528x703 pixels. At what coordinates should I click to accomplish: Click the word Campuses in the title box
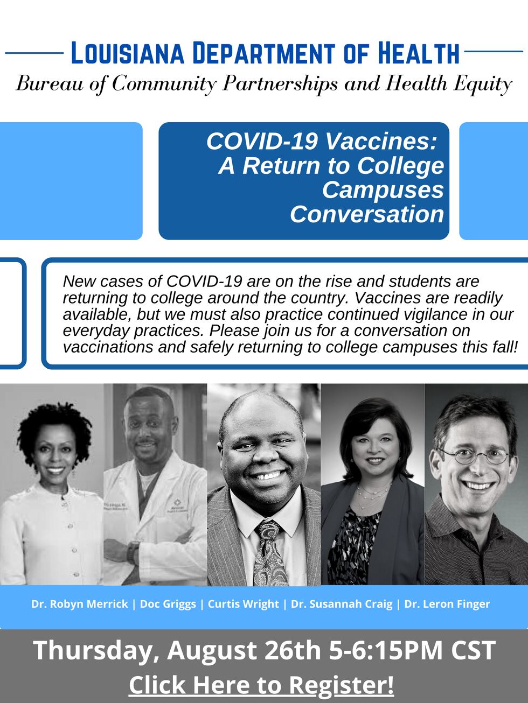coord(383,189)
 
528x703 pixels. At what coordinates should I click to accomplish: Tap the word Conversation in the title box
coord(367,214)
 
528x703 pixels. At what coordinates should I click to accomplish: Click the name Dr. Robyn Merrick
coord(80,604)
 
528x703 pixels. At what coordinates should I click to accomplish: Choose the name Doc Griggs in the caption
coord(168,604)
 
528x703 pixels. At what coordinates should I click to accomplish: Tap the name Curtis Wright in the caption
coord(243,604)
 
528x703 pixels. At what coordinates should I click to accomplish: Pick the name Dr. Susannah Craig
coord(342,604)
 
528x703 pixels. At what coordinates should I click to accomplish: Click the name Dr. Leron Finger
coord(447,604)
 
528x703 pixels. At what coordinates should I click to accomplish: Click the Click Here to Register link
coord(261,685)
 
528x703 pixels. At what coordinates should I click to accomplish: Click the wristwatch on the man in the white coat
coord(131,552)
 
